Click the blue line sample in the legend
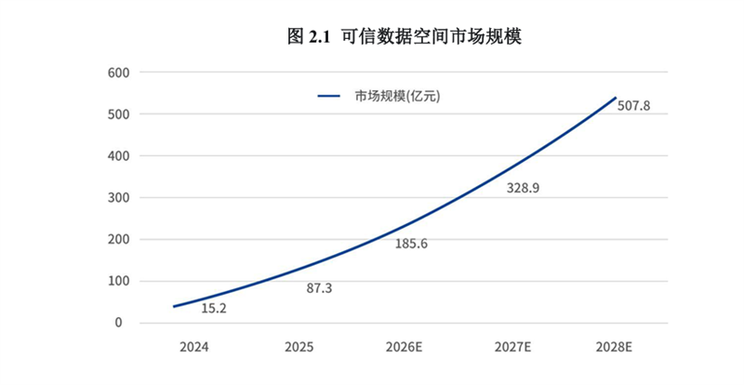331,96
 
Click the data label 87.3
319,288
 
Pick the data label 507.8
632,106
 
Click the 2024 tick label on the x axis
194,348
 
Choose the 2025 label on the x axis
299,348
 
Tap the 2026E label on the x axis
405,348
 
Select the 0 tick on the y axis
119,323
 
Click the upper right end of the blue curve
615,98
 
